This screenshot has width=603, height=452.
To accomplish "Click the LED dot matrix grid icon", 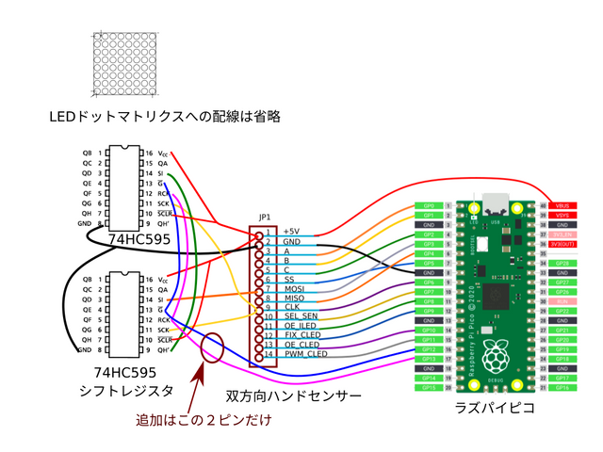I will pos(126,63).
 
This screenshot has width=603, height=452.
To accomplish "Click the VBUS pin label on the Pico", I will pos(562,204).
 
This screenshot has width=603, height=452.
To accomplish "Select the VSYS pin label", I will pos(562,215).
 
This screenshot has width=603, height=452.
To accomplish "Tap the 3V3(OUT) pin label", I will pos(562,244).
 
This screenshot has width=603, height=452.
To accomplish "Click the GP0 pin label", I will pos(429,204).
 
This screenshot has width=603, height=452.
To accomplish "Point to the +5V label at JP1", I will pos(291,232).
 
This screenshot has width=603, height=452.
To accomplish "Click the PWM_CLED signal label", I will pos(305,354).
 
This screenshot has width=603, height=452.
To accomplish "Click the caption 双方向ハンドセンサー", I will pos(293,396).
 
